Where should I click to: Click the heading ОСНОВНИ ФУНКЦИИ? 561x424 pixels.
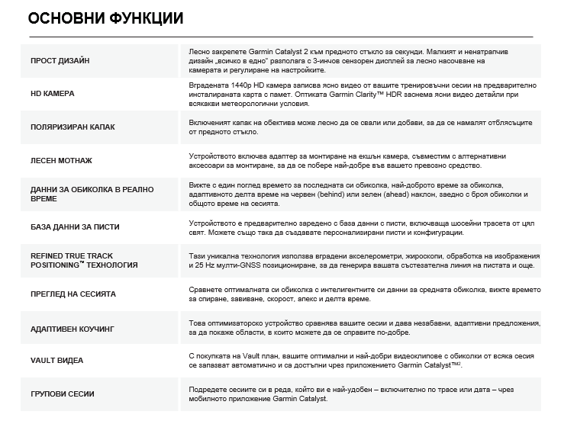click(x=105, y=18)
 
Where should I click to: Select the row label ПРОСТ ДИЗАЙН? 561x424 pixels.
click(x=60, y=60)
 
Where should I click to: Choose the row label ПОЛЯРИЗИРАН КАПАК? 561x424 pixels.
click(x=73, y=127)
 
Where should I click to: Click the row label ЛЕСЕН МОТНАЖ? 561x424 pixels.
click(x=61, y=161)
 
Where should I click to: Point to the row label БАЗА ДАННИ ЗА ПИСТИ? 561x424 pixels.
click(x=75, y=227)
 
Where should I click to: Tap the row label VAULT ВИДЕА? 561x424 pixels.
click(x=56, y=360)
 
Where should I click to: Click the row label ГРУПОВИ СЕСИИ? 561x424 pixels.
click(x=63, y=393)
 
